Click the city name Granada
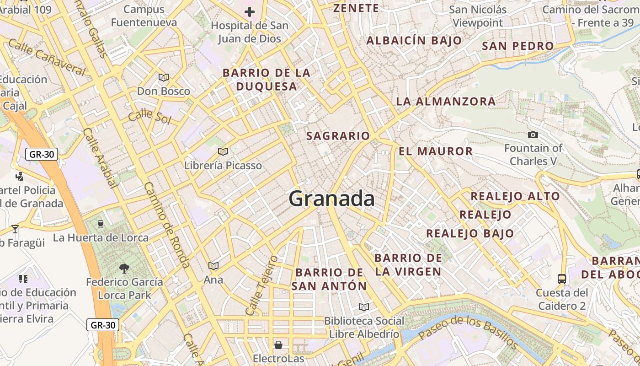pyautogui.click(x=332, y=199)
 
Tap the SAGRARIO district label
pyautogui.click(x=338, y=136)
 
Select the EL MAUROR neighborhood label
pyautogui.click(x=436, y=151)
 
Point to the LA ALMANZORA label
pyautogui.click(x=446, y=102)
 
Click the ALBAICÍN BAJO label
pyautogui.click(x=414, y=40)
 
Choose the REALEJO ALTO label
pyautogui.click(x=515, y=196)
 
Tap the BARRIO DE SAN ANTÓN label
pyautogui.click(x=329, y=279)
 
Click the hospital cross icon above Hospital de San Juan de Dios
pyautogui.click(x=250, y=12)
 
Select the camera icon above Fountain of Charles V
pyautogui.click(x=533, y=135)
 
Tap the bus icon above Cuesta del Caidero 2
pyautogui.click(x=562, y=279)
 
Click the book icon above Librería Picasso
pyautogui.click(x=223, y=151)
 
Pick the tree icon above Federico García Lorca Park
pyautogui.click(x=124, y=268)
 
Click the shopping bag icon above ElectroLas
pyautogui.click(x=278, y=344)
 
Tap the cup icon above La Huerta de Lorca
pyautogui.click(x=101, y=224)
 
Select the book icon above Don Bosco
pyautogui.click(x=163, y=78)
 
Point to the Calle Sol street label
pyautogui.click(x=149, y=117)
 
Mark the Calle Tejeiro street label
pyautogui.click(x=261, y=285)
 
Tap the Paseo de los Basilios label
pyautogui.click(x=469, y=332)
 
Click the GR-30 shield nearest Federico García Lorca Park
pyautogui.click(x=103, y=325)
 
